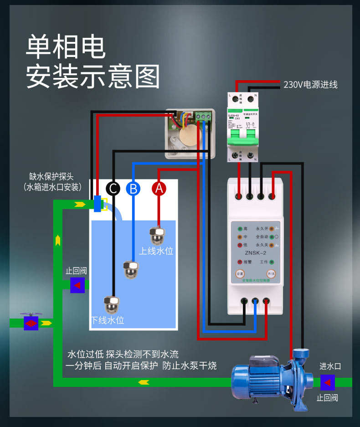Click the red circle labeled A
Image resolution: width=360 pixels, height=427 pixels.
159,188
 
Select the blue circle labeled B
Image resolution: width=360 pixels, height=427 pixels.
133,188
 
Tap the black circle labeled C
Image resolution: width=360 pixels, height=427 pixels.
113,188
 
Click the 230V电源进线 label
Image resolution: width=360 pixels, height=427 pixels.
310,85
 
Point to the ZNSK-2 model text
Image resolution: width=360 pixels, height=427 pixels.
255,253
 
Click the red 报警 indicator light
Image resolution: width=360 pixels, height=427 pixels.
239,262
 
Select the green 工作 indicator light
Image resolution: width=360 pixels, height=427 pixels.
272,262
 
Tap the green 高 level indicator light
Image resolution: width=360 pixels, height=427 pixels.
239,229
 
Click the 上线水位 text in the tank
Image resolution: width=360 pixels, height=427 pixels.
156,251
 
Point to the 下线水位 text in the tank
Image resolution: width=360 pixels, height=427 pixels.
108,320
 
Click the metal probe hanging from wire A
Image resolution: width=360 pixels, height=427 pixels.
157,235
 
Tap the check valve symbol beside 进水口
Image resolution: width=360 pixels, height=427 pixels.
328,382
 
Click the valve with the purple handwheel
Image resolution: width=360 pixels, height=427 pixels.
31,323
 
